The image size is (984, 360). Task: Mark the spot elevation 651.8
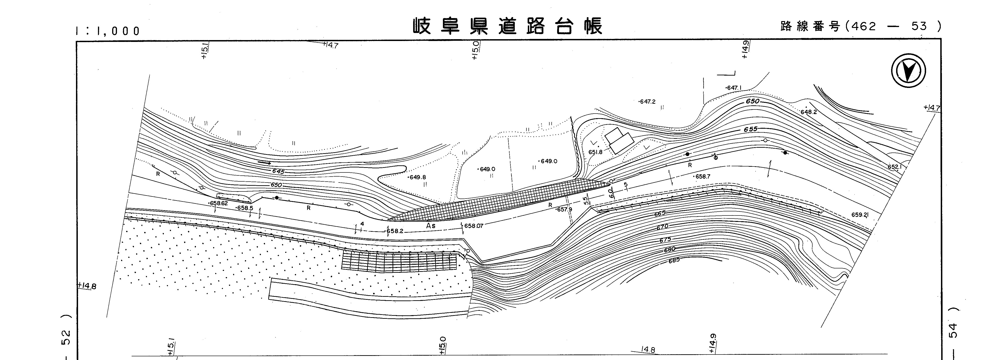[595, 152]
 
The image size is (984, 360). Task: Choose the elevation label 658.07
[474, 226]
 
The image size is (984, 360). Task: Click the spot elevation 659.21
[859, 215]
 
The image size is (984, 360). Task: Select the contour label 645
[278, 172]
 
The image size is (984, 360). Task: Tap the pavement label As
[431, 226]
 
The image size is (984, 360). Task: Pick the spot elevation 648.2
[809, 112]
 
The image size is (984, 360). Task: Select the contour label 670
[662, 227]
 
